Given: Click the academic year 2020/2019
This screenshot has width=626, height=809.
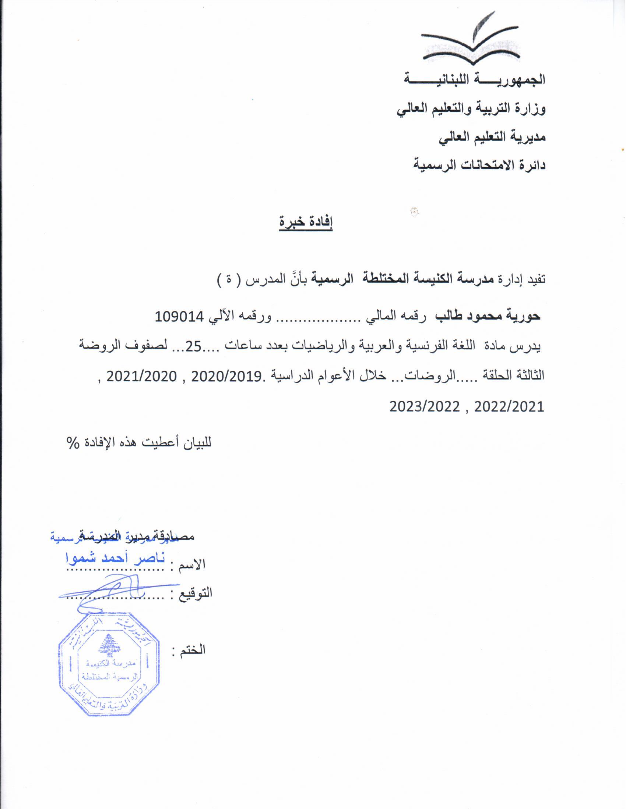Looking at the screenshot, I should point(226,376).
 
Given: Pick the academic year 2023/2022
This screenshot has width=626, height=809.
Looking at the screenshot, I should point(425,407).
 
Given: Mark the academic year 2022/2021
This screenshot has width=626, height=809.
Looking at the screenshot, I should point(509,407).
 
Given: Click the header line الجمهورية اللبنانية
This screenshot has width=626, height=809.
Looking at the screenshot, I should point(475,79).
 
